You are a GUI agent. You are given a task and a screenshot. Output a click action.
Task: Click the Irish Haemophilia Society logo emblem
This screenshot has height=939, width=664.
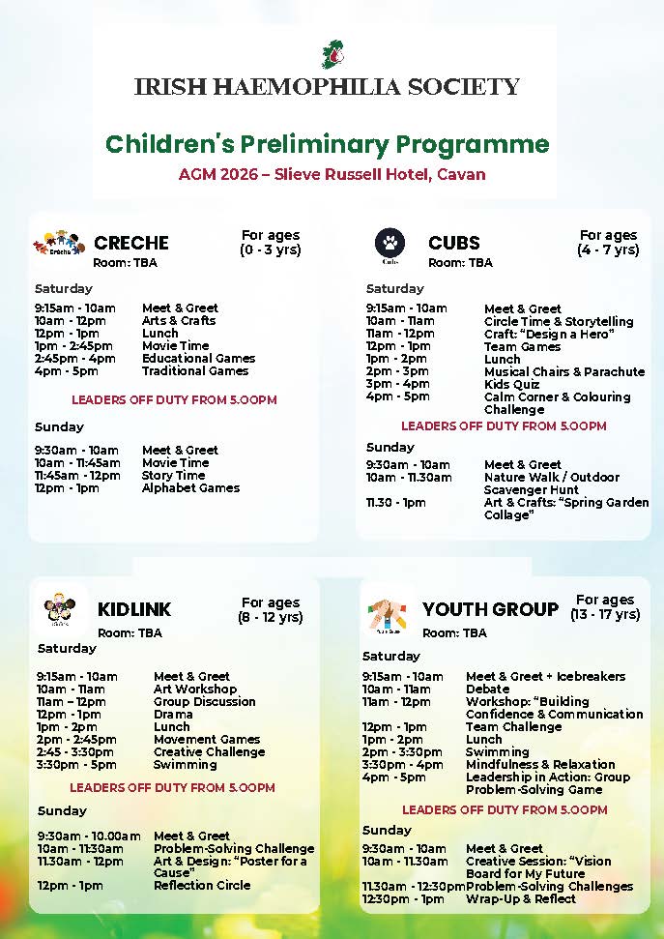332,54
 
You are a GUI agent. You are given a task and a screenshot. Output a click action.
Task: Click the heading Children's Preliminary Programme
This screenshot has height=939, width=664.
327,145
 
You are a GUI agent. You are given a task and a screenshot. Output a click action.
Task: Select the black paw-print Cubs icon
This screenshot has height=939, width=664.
390,244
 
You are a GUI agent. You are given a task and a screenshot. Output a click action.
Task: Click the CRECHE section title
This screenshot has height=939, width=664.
130,243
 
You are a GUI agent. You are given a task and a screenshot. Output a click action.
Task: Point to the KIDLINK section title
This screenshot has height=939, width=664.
134,609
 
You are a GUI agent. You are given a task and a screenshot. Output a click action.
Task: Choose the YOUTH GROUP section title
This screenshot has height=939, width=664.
490,609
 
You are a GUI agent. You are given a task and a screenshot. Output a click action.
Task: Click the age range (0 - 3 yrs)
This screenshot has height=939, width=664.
271,249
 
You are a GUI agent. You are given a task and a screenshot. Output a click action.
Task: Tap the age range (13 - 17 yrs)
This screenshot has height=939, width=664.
605,614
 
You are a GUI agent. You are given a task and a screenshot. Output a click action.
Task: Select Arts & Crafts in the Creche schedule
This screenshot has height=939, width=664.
179,320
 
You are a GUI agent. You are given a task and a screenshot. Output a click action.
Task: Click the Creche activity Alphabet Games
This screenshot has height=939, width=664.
190,487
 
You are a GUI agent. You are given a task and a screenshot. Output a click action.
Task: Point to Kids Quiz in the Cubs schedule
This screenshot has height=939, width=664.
512,384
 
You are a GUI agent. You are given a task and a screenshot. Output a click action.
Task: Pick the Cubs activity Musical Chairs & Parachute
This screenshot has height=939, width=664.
564,371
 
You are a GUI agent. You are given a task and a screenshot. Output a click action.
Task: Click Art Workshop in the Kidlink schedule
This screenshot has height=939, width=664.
195,689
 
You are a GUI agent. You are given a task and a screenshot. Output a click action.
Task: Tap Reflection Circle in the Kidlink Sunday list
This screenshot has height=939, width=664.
202,885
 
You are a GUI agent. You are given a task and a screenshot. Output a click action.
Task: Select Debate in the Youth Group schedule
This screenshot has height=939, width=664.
487,689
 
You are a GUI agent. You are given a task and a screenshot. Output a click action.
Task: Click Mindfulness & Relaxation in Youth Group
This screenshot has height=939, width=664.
540,764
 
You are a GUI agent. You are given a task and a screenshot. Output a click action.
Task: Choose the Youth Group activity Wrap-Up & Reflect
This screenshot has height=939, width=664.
521,898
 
